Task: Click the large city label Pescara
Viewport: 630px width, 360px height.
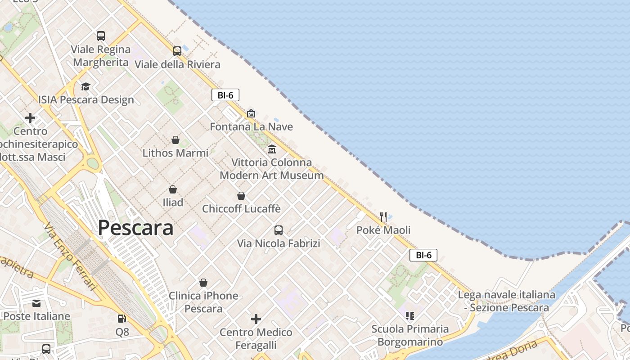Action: coord(135,228)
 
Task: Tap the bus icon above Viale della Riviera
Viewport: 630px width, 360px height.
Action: coord(177,51)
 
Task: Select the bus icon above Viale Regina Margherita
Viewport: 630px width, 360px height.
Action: coord(101,36)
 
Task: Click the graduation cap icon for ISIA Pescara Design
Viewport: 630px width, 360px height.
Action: coord(85,86)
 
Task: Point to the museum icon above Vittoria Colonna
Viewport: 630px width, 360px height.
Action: coord(272,149)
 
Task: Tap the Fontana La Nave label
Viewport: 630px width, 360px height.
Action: coord(251,126)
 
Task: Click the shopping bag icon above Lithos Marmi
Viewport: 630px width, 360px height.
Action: coord(175,140)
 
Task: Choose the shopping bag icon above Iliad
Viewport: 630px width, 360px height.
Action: coord(173,189)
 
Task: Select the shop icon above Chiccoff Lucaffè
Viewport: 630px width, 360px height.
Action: coord(241,196)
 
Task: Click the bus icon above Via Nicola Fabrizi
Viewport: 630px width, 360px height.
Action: coord(279,230)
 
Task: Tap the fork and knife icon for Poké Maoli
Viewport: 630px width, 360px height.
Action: coord(383,216)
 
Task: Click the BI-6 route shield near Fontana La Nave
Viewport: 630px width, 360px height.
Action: coord(225,95)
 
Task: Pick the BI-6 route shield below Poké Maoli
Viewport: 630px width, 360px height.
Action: coord(423,255)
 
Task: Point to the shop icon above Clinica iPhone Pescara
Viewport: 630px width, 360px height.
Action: coord(203,283)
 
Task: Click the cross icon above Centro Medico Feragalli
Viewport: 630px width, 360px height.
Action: coord(256,319)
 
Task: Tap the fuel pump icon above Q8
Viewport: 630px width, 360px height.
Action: coord(122,319)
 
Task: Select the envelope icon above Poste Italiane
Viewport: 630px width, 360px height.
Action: coord(36,303)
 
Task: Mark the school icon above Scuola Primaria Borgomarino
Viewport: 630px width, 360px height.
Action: coord(409,316)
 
